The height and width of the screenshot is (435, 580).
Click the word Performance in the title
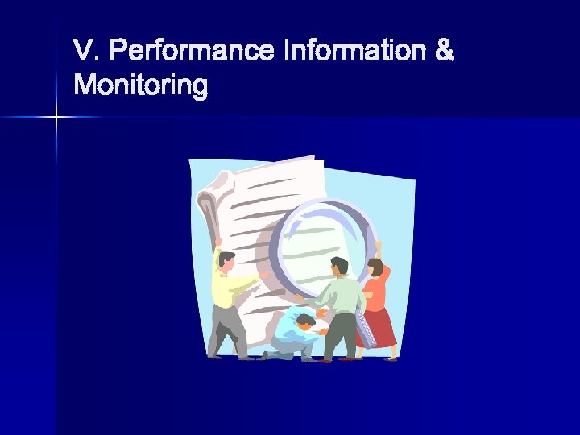point(191,52)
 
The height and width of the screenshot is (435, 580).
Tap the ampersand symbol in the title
point(444,51)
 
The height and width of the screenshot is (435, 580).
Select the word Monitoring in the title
point(140,85)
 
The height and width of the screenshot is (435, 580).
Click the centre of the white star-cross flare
point(56,118)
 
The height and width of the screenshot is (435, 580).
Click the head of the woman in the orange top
point(375,268)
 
